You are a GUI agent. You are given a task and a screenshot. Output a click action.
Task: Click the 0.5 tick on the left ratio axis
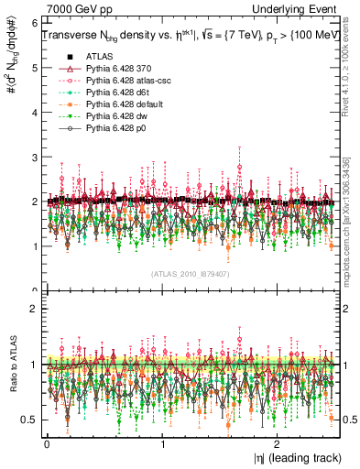click(29, 420)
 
